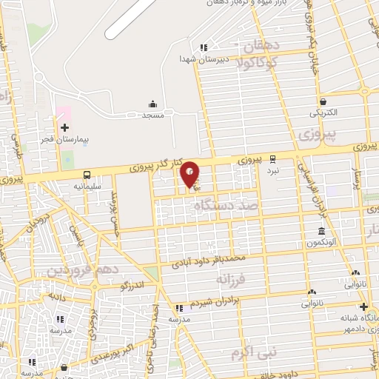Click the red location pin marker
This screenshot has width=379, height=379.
point(190,173)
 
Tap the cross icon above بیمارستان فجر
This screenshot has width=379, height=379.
point(65,127)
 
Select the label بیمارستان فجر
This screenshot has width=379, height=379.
point(66,139)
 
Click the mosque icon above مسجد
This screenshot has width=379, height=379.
point(152,104)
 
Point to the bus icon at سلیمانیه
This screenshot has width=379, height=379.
point(88,175)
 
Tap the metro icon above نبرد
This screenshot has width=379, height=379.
point(273,158)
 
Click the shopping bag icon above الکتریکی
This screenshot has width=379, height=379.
point(323,101)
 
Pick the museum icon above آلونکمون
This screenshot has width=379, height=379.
point(321,232)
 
